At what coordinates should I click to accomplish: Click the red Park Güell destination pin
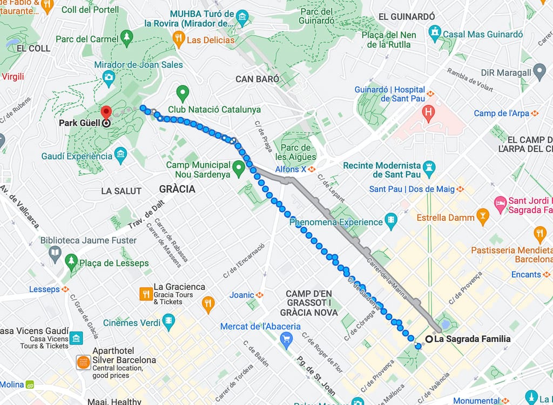click(x=106, y=112)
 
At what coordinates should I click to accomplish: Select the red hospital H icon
click(x=429, y=113)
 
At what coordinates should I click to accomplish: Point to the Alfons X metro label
click(x=291, y=169)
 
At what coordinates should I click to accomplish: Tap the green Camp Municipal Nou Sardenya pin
click(x=238, y=170)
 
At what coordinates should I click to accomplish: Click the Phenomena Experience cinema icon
click(x=391, y=221)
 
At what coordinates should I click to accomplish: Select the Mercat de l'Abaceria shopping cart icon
click(x=286, y=339)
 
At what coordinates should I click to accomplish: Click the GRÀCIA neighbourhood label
click(x=177, y=190)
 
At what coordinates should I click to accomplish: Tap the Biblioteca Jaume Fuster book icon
click(x=55, y=252)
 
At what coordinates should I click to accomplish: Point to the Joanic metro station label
click(x=241, y=295)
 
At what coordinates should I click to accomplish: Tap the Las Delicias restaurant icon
click(x=179, y=38)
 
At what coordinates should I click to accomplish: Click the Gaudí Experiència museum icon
click(x=120, y=156)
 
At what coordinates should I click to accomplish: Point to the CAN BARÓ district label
click(x=258, y=79)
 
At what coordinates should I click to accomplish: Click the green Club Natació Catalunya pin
click(x=183, y=92)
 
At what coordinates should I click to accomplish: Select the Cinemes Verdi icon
click(x=169, y=322)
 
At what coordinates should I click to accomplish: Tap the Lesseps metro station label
click(x=44, y=289)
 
